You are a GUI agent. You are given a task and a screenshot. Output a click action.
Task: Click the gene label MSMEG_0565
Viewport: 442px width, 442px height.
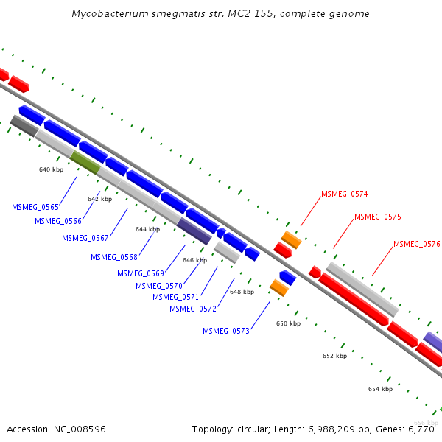coord(35,207)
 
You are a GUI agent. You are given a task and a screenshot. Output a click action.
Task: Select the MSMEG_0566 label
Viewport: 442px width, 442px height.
coord(58,221)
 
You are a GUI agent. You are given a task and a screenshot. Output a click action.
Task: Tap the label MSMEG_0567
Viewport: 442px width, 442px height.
coord(85,238)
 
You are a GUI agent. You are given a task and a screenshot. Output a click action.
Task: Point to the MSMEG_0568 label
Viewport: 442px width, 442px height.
coord(114,257)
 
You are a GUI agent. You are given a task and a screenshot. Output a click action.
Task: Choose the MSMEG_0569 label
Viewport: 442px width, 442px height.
coord(141,273)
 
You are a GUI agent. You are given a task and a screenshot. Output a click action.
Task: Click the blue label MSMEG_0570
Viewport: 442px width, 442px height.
coord(159,286)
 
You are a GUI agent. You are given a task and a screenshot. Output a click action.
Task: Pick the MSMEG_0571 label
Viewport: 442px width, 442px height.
coord(176,297)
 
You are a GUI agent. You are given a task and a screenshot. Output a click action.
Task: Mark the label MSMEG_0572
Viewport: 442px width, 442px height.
coord(193,309)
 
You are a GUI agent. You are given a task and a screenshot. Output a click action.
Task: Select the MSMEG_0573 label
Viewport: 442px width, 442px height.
coord(226,331)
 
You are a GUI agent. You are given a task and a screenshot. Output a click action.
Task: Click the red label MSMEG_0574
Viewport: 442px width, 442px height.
coord(345,194)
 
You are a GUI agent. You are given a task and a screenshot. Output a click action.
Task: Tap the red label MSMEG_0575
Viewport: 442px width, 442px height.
coord(378,217)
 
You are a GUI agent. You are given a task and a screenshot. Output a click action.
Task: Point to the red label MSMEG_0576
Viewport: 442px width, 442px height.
coord(417,244)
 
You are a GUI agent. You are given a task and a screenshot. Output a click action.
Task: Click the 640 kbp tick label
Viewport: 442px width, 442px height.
coord(52,169)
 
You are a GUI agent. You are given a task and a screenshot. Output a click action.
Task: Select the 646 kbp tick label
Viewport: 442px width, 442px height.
coord(194,260)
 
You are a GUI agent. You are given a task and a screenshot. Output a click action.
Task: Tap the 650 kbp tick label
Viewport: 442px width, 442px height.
coord(288,323)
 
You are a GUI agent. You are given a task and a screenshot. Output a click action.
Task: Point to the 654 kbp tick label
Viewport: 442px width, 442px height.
coord(380,389)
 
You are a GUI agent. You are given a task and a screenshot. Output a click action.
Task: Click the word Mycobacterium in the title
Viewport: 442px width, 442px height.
coord(110,14)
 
